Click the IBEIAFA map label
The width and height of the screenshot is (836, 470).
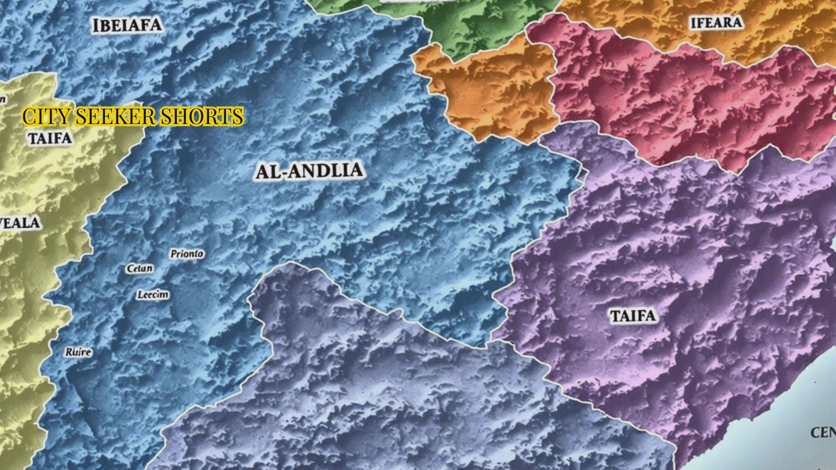(127, 25)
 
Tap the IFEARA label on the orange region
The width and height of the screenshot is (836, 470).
(716, 23)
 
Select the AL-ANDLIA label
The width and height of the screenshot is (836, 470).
(308, 171)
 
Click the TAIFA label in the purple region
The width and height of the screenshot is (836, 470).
(633, 316)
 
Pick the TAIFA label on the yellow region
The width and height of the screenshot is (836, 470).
(50, 138)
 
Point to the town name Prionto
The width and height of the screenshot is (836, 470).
(186, 254)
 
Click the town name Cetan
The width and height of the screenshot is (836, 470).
(140, 269)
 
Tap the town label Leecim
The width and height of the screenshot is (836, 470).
(153, 295)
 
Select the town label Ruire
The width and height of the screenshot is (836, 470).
(78, 352)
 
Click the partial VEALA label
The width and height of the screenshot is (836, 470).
(20, 223)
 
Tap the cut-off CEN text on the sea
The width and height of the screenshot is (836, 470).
(823, 433)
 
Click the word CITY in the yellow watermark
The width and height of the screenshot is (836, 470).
(46, 117)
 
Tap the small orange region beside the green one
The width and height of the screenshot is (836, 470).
(488, 91)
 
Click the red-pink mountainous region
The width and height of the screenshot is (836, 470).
(679, 100)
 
